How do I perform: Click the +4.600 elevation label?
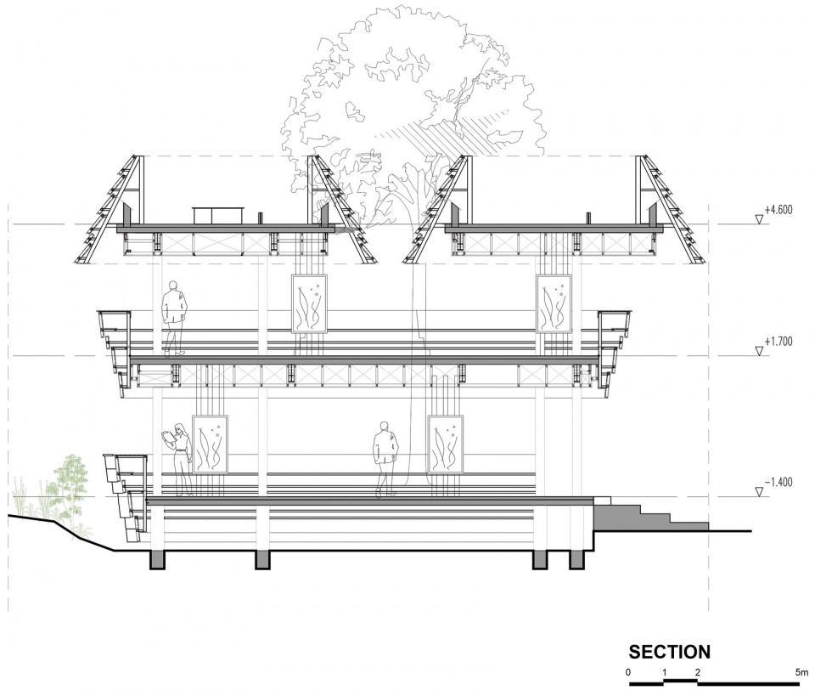(x=778, y=210)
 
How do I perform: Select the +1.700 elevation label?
(x=778, y=342)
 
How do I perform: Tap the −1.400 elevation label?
(x=778, y=482)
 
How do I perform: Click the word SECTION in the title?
(x=670, y=653)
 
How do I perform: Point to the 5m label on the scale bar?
(x=801, y=672)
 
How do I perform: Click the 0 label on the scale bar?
(x=628, y=672)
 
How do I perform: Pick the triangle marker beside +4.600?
(x=760, y=219)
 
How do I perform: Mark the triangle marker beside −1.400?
(x=760, y=491)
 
